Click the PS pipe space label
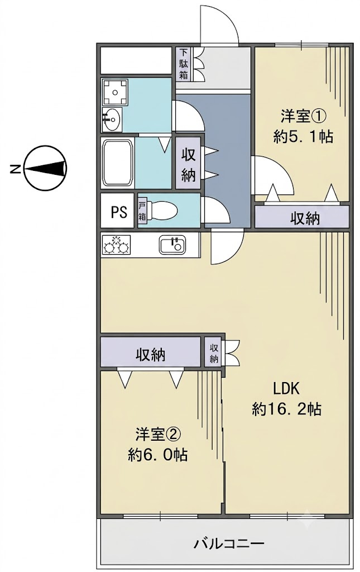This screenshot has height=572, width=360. [119, 212]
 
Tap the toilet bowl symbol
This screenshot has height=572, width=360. [162, 211]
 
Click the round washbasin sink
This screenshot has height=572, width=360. [112, 118]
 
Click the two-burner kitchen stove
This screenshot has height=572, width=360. [117, 244]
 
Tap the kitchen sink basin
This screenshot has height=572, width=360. [172, 244]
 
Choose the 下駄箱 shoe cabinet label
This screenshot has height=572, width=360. [183, 64]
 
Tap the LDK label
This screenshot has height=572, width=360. [287, 389]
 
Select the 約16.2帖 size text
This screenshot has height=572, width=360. [287, 409]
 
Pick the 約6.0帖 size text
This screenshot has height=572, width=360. [158, 455]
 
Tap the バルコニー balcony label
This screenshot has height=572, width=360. [228, 545]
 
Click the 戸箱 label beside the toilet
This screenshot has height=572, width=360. [142, 211]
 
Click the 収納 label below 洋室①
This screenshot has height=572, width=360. [305, 218]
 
